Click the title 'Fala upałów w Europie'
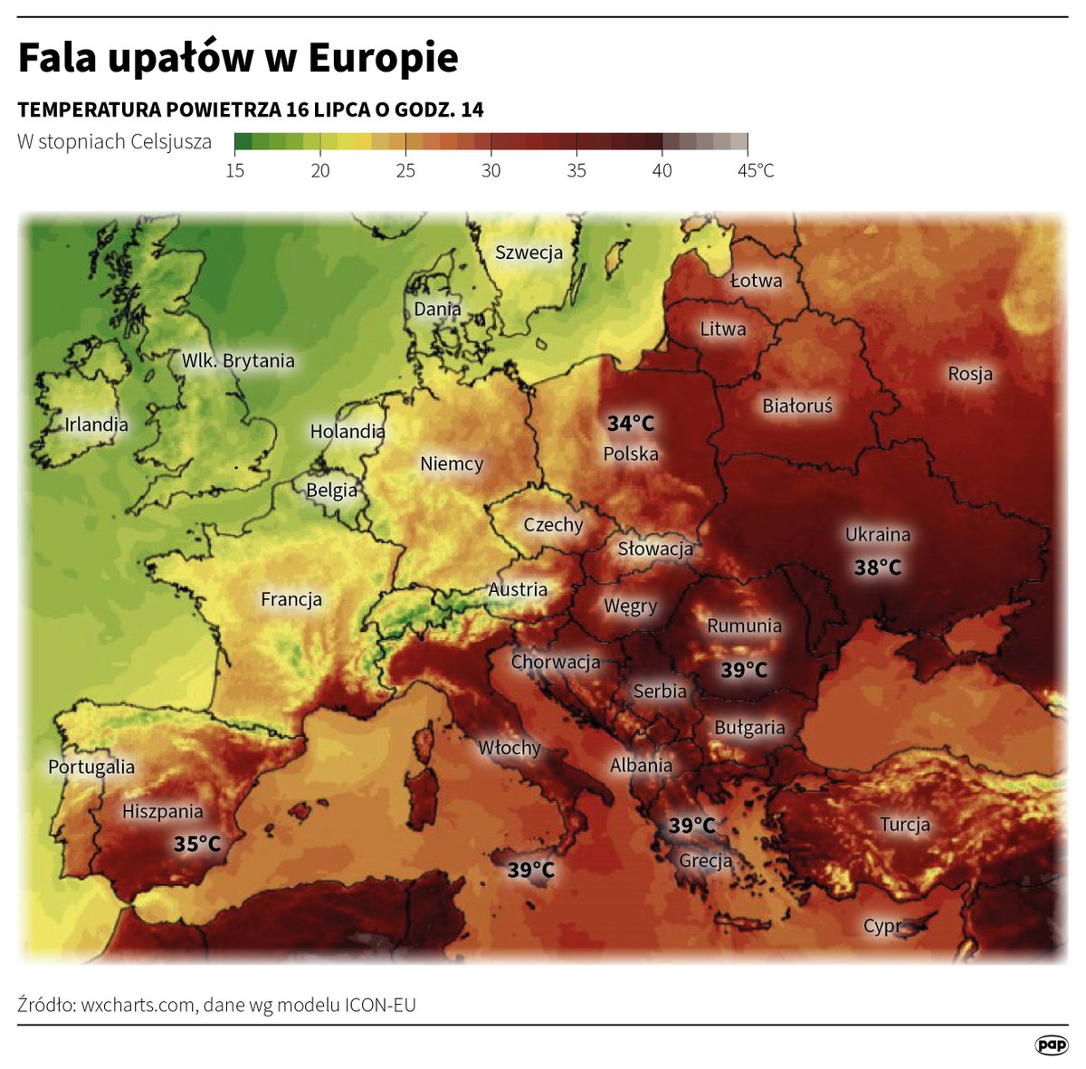pyautogui.click(x=238, y=58)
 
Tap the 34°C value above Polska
pyautogui.click(x=631, y=424)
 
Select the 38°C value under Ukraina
pyautogui.click(x=878, y=568)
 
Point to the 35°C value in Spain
pyautogui.click(x=197, y=844)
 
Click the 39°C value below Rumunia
pyautogui.click(x=744, y=670)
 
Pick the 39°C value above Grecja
pyautogui.click(x=692, y=826)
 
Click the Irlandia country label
pyautogui.click(x=97, y=425)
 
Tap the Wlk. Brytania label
pyautogui.click(x=238, y=360)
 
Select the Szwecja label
pyautogui.click(x=529, y=253)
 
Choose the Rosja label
pyautogui.click(x=970, y=374)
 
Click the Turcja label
pyautogui.click(x=905, y=825)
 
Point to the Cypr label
pyautogui.click(x=882, y=926)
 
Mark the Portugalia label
pyautogui.click(x=91, y=767)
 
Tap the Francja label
pyautogui.click(x=291, y=599)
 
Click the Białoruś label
pyautogui.click(x=797, y=406)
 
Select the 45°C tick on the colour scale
pyautogui.click(x=756, y=170)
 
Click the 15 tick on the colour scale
pyautogui.click(x=235, y=170)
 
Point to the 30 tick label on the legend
pyautogui.click(x=491, y=170)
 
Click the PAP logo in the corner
pyautogui.click(x=1052, y=1045)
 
